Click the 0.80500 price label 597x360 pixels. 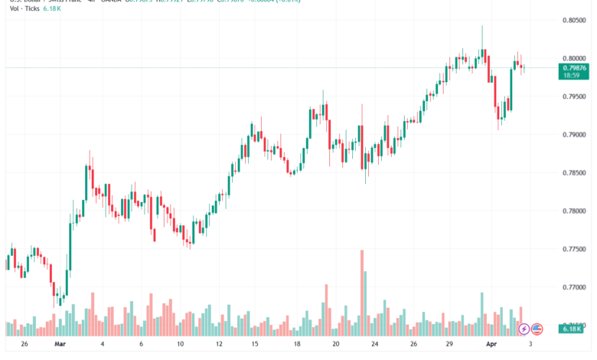pyautogui.click(x=574, y=20)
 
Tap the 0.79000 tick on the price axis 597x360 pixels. pyautogui.click(x=574, y=135)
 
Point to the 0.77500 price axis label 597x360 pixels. pyautogui.click(x=574, y=250)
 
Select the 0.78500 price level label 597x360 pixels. pyautogui.click(x=574, y=173)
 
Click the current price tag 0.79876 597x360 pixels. pyautogui.click(x=574, y=67)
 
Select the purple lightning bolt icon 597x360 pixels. pyautogui.click(x=524, y=329)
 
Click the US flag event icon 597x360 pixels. pyautogui.click(x=537, y=329)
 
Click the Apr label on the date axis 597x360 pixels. pyautogui.click(x=491, y=345)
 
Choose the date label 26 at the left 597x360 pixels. pyautogui.click(x=24, y=345)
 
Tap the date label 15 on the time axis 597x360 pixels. pyautogui.click(x=256, y=345)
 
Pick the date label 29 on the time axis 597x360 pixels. pyautogui.click(x=452, y=345)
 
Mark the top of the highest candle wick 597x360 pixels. pyautogui.click(x=482, y=26)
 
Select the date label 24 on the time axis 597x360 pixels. pyautogui.click(x=374, y=345)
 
